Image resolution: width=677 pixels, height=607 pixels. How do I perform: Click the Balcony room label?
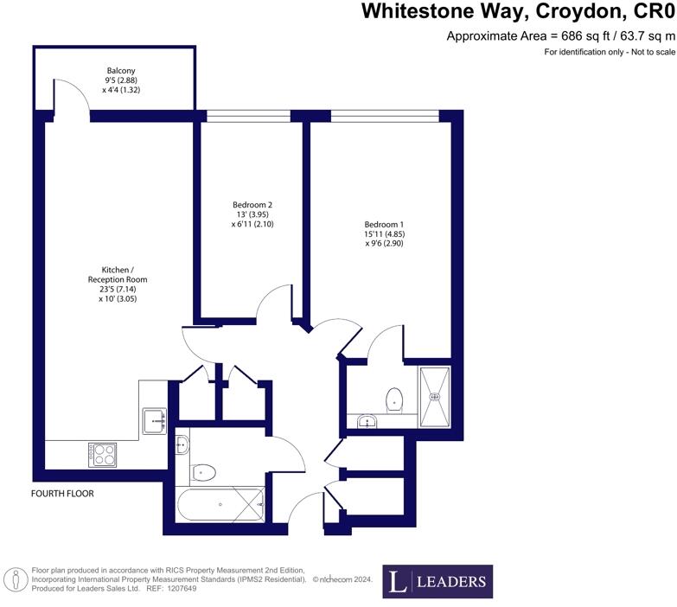click(121, 70)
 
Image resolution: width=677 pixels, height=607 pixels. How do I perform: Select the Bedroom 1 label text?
click(384, 224)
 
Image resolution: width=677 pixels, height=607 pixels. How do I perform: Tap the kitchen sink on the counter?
click(155, 420)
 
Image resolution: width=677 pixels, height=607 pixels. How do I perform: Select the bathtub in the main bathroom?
click(220, 503)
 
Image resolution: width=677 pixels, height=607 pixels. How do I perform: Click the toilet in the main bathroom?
click(204, 472)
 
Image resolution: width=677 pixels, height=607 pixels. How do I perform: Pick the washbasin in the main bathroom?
click(182, 445)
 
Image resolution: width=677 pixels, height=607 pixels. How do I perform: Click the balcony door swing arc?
click(71, 95)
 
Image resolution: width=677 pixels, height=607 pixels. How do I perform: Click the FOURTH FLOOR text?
click(61, 494)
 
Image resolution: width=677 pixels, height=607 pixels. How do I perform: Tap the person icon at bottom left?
click(15, 578)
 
